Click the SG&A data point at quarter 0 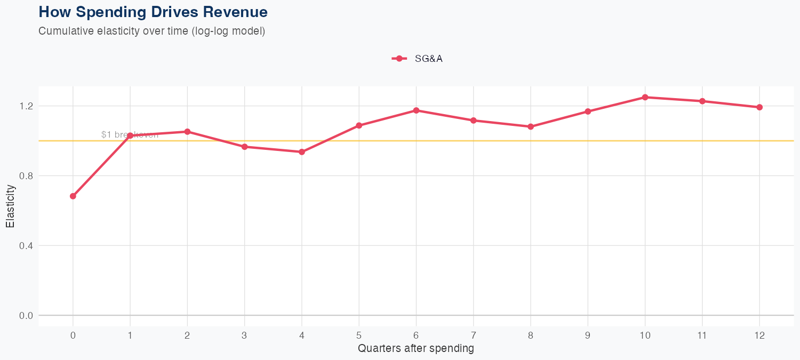point(73,196)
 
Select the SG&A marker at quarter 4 point(302,152)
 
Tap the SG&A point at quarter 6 point(417,110)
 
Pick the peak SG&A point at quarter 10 point(645,97)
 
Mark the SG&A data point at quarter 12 point(759,107)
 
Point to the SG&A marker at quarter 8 point(531,126)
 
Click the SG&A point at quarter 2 point(187,132)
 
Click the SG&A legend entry point(418,59)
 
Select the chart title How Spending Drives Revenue point(153,12)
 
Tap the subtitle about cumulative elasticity point(151,31)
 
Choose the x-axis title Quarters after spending point(416,349)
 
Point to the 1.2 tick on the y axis point(26,106)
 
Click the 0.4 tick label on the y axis point(26,246)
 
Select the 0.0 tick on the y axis point(26,316)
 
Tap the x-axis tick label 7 point(474,335)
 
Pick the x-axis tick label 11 point(702,335)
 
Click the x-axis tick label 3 point(245,335)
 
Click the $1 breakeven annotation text point(130,135)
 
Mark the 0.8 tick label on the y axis point(26,176)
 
